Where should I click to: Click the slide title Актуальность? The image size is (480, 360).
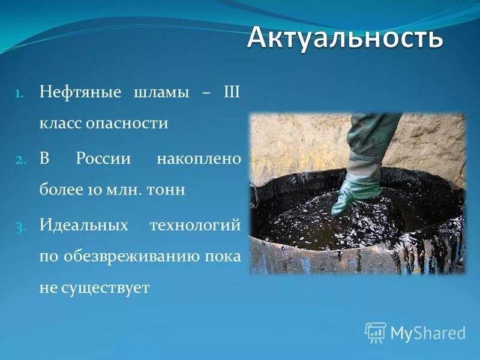click(x=345, y=38)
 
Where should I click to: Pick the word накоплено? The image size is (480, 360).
click(x=199, y=160)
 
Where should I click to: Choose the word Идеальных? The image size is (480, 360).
click(x=85, y=226)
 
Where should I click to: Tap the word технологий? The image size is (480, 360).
click(x=195, y=226)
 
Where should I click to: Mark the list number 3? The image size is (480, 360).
click(x=19, y=227)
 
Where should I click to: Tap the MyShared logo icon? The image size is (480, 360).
click(x=376, y=332)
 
